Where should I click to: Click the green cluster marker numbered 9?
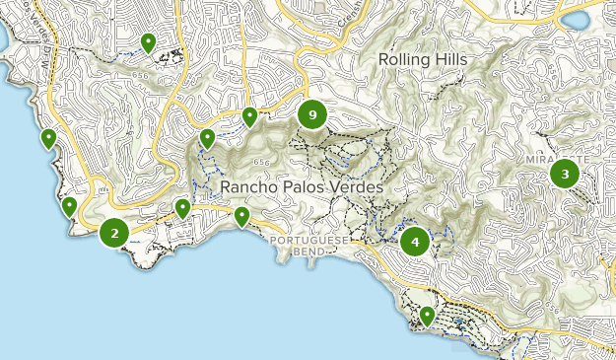pyautogui.click(x=312, y=115)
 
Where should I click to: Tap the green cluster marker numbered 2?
pyautogui.click(x=114, y=233)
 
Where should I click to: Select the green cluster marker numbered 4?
pyautogui.click(x=415, y=241)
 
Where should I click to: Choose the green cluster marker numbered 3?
pyautogui.click(x=565, y=175)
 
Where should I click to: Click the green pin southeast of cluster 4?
pyautogui.click(x=427, y=315)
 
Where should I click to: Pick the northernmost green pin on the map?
pyautogui.click(x=148, y=41)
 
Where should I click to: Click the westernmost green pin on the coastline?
pyautogui.click(x=48, y=138)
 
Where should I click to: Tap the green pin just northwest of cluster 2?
pyautogui.click(x=69, y=206)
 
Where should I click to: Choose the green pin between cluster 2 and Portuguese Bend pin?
pyautogui.click(x=182, y=207)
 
